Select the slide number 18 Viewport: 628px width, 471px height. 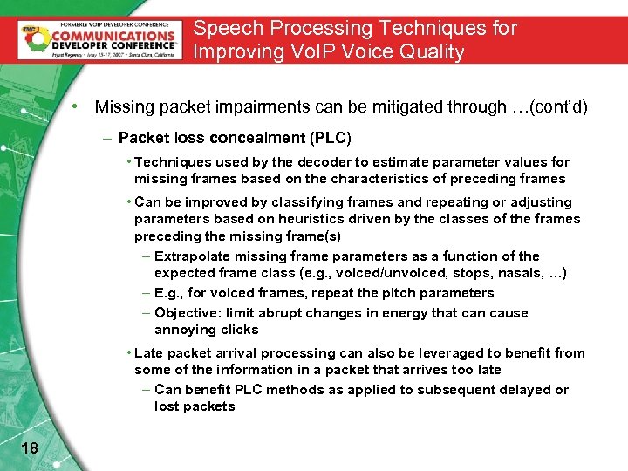point(28,448)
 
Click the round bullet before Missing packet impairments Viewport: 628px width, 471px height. point(77,107)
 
